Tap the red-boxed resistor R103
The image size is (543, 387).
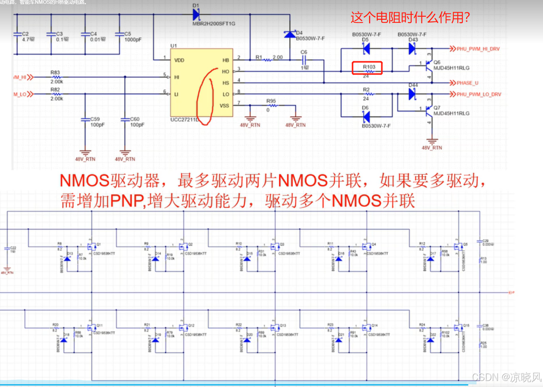[367, 68]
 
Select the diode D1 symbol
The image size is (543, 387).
[196, 14]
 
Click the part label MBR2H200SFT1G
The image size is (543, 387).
[214, 24]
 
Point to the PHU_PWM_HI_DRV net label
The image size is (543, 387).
[478, 49]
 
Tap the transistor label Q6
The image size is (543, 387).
[437, 62]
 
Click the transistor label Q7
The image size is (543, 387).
[437, 108]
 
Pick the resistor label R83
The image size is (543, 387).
[55, 72]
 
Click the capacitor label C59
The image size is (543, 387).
[95, 119]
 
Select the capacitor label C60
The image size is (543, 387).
[135, 119]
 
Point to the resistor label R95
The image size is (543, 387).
[271, 101]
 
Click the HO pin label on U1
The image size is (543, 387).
[226, 72]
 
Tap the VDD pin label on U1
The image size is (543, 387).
[179, 60]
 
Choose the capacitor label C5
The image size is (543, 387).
[128, 34]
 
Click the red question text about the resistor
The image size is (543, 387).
[410, 18]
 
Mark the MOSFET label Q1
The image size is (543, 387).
[99, 244]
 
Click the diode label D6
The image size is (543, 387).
[365, 108]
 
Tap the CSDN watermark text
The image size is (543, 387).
[506, 377]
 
